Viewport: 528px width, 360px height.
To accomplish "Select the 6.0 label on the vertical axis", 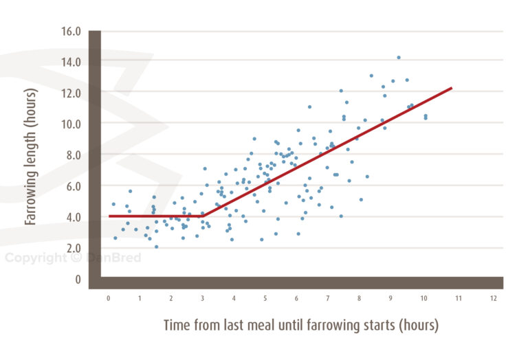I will [74, 186].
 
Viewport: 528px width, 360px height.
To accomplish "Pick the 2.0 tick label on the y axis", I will [74, 248].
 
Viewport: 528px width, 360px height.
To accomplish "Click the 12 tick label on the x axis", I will [493, 298].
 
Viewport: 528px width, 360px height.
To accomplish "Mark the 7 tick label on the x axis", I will [328, 298].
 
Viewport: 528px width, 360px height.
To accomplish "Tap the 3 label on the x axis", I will [202, 298].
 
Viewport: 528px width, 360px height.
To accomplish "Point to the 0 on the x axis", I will [108, 298].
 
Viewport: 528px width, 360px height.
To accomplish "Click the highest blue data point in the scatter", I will [399, 58].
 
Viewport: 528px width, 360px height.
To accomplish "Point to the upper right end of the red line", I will [451, 88].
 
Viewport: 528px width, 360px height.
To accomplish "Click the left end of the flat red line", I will [110, 216].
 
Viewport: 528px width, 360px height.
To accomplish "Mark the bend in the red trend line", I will [201, 216].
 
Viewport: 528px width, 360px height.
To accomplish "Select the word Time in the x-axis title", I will [177, 325].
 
